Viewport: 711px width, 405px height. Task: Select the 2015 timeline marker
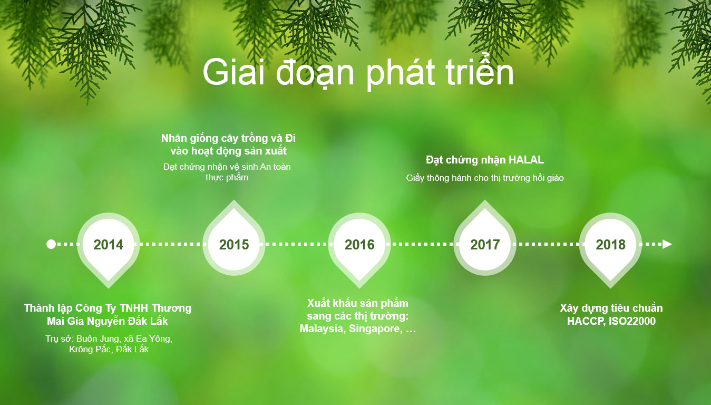(x=234, y=241)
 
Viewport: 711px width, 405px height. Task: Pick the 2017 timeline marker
(x=485, y=241)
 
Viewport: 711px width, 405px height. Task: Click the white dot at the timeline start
(x=51, y=244)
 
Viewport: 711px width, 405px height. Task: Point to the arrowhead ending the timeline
(x=667, y=244)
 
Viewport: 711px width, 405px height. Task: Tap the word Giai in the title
(x=233, y=72)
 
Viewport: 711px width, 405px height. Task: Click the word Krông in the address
(x=80, y=350)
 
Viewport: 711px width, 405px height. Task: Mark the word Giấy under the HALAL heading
(x=415, y=178)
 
